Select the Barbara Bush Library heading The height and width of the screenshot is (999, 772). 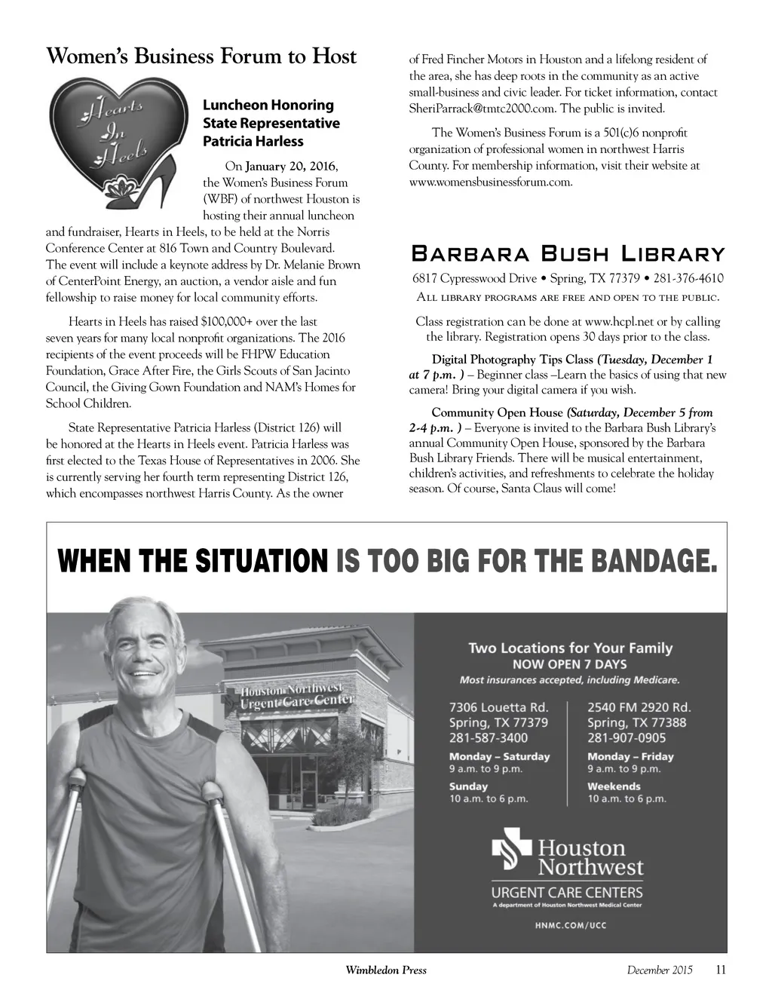pyautogui.click(x=567, y=254)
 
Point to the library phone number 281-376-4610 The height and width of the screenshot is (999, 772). pyautogui.click(x=689, y=278)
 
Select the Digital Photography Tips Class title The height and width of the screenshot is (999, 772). pyautogui.click(x=513, y=360)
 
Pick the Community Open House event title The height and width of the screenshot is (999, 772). pyautogui.click(x=497, y=412)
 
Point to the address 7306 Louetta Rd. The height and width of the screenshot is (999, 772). pyautogui.click(x=498, y=707)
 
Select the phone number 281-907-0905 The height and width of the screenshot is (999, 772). pyautogui.click(x=626, y=738)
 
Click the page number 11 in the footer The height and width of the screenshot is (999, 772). pyautogui.click(x=720, y=970)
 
